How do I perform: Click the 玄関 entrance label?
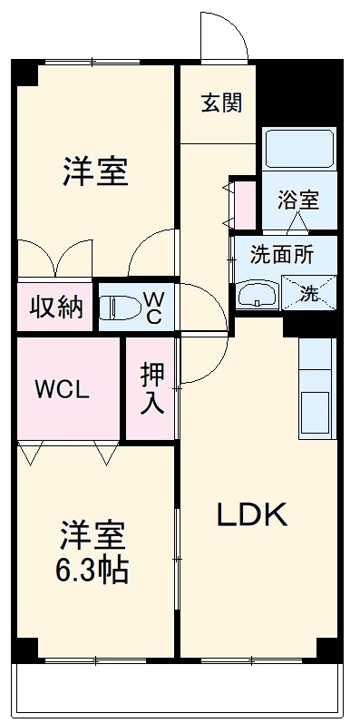221,103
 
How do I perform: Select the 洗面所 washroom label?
284,257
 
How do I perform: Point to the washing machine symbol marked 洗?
308,293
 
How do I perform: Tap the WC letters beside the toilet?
152,307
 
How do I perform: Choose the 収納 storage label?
55,308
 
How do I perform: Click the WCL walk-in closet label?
63,391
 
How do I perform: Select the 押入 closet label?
151,388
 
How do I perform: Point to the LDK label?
251,516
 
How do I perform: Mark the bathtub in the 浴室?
299,147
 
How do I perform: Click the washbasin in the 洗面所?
258,294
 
